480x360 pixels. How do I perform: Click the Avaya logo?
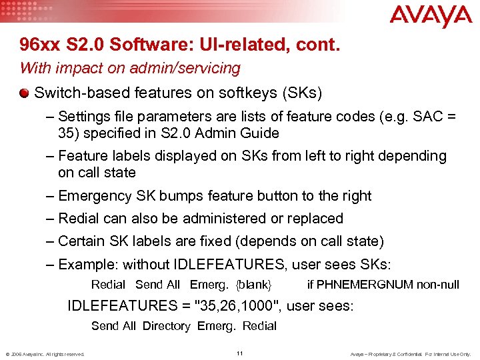pyautogui.click(x=430, y=17)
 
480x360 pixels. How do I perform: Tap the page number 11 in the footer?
pyautogui.click(x=239, y=353)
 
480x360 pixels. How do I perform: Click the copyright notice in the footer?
pyautogui.click(x=45, y=353)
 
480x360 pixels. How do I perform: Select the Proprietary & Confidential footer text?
pyautogui.click(x=411, y=353)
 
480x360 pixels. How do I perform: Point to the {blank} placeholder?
pyautogui.click(x=253, y=285)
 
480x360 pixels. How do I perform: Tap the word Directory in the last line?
pyautogui.click(x=166, y=326)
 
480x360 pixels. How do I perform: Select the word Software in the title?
pyautogui.click(x=139, y=45)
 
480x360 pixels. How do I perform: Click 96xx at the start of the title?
pyautogui.click(x=39, y=45)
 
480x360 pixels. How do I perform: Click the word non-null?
pyautogui.click(x=437, y=285)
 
